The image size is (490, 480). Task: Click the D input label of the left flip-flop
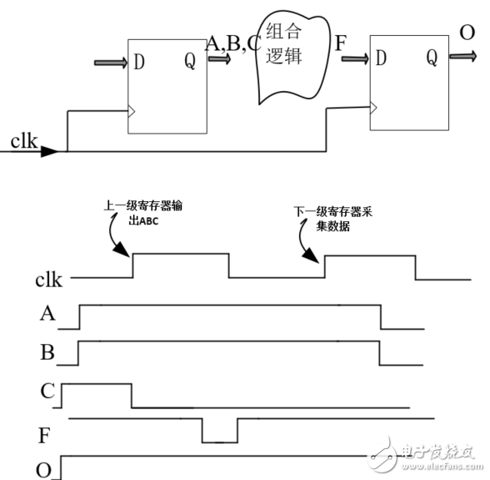(138, 62)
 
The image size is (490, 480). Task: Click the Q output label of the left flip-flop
(190, 61)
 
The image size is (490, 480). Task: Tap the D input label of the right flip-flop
(381, 58)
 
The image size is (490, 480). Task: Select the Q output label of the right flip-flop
(432, 58)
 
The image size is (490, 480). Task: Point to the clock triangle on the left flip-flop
(132, 111)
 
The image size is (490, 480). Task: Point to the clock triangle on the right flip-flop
(373, 108)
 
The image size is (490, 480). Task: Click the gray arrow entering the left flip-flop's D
(111, 63)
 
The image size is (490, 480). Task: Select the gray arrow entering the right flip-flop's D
(355, 58)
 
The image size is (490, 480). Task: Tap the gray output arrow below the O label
(463, 57)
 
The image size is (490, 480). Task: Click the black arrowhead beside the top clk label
(50, 151)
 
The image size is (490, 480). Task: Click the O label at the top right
(467, 33)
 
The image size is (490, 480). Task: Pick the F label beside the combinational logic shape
(340, 43)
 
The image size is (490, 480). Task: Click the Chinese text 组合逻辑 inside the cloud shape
(283, 43)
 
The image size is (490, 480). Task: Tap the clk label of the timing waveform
(48, 280)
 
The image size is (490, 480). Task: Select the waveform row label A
(47, 313)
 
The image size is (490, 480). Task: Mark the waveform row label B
(47, 352)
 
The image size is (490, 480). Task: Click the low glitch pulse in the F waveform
(220, 442)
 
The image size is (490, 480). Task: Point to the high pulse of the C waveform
(97, 384)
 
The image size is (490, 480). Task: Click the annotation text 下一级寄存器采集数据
(332, 219)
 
